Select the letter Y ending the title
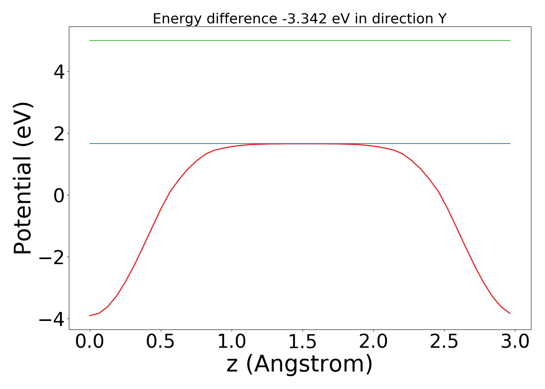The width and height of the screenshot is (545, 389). (x=442, y=19)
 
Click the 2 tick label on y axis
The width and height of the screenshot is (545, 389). (x=59, y=133)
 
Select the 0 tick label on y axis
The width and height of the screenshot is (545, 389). (x=59, y=195)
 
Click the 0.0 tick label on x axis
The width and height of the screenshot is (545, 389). (x=90, y=342)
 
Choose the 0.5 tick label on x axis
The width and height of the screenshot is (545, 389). (x=161, y=342)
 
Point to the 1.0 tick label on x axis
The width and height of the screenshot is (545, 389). (x=232, y=342)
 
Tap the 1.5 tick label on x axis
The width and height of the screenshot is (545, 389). (x=302, y=342)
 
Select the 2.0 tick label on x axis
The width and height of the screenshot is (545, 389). (x=373, y=342)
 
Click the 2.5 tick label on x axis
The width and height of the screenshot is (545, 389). (x=444, y=342)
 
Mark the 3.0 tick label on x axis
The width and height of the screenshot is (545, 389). (x=515, y=342)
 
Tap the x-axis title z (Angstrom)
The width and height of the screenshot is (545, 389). (x=299, y=364)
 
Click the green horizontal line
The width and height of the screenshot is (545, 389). (x=300, y=40)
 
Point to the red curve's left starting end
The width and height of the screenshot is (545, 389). (x=90, y=315)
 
